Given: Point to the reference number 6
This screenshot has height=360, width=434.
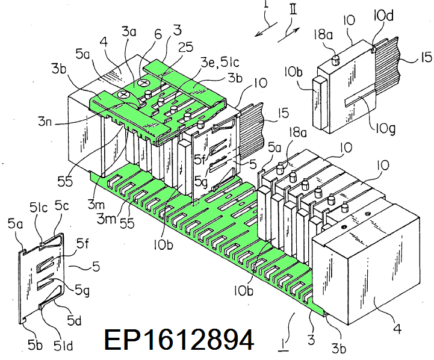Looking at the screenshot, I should pyautogui.click(x=142, y=36).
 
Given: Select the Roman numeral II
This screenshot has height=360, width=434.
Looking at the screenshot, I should pyautogui.click(x=293, y=10).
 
